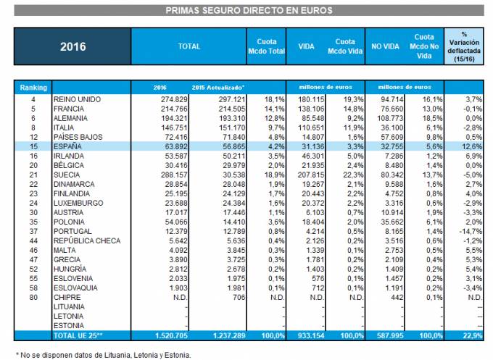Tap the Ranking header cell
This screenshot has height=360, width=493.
(33, 87)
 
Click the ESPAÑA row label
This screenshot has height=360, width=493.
(68, 145)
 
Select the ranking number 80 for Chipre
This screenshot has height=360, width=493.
(33, 298)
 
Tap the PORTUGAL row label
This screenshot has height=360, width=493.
(73, 230)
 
